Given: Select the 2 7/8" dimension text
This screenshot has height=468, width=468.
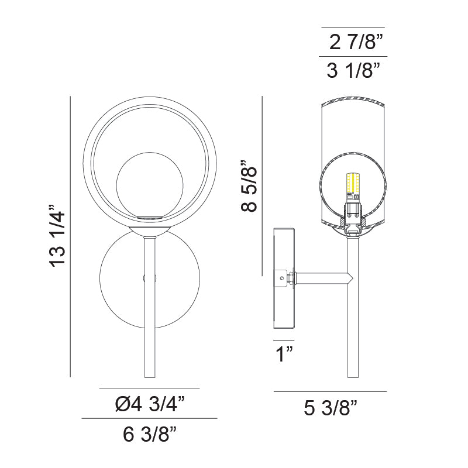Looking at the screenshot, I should point(356,43).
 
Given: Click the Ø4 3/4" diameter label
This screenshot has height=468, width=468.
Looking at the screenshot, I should point(150,404).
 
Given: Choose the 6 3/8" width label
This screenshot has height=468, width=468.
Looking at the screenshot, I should point(150,434).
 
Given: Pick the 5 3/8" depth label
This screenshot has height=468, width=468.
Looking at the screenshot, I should point(331,407).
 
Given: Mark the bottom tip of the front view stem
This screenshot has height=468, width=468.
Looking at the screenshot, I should point(150,377).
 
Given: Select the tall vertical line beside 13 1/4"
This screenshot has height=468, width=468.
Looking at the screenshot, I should point(70,237).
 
